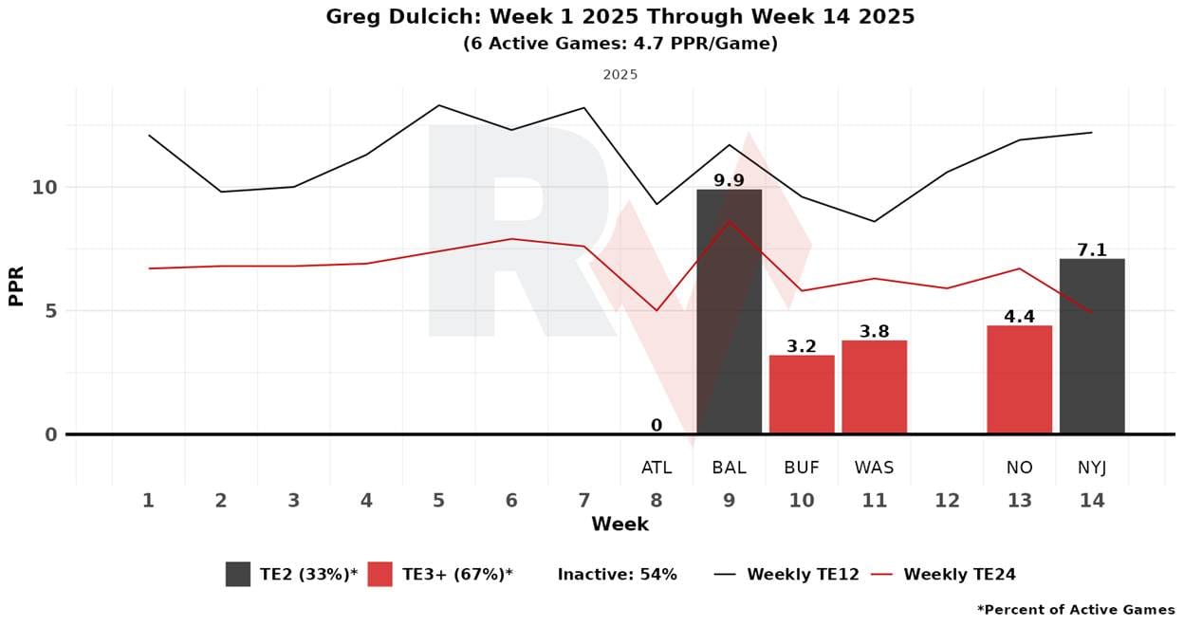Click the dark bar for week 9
[729, 313]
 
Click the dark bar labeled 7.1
[1092, 346]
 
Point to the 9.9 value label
[729, 180]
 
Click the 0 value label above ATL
[656, 426]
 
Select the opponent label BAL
[729, 468]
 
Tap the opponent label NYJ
[1092, 468]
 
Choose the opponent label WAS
[874, 468]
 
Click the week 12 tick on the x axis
[947, 500]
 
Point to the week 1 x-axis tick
[148, 500]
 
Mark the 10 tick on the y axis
[45, 188]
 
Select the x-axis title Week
[620, 525]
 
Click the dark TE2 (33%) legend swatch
[238, 574]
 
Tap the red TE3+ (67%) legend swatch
[379, 574]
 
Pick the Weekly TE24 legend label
[959, 574]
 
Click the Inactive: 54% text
[617, 574]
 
